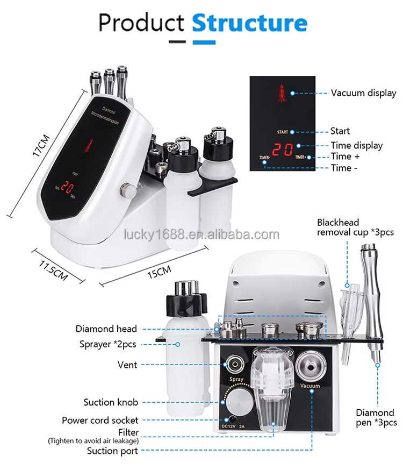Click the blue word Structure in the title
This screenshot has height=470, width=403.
click(x=249, y=23)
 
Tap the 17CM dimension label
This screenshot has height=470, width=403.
click(x=41, y=145)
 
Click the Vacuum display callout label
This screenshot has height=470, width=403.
click(x=363, y=93)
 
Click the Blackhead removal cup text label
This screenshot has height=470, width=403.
click(x=355, y=227)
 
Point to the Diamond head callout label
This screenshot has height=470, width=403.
click(x=106, y=329)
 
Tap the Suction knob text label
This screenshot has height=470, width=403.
click(x=111, y=402)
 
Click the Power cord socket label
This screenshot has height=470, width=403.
click(x=100, y=420)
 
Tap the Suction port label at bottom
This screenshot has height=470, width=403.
click(x=112, y=451)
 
